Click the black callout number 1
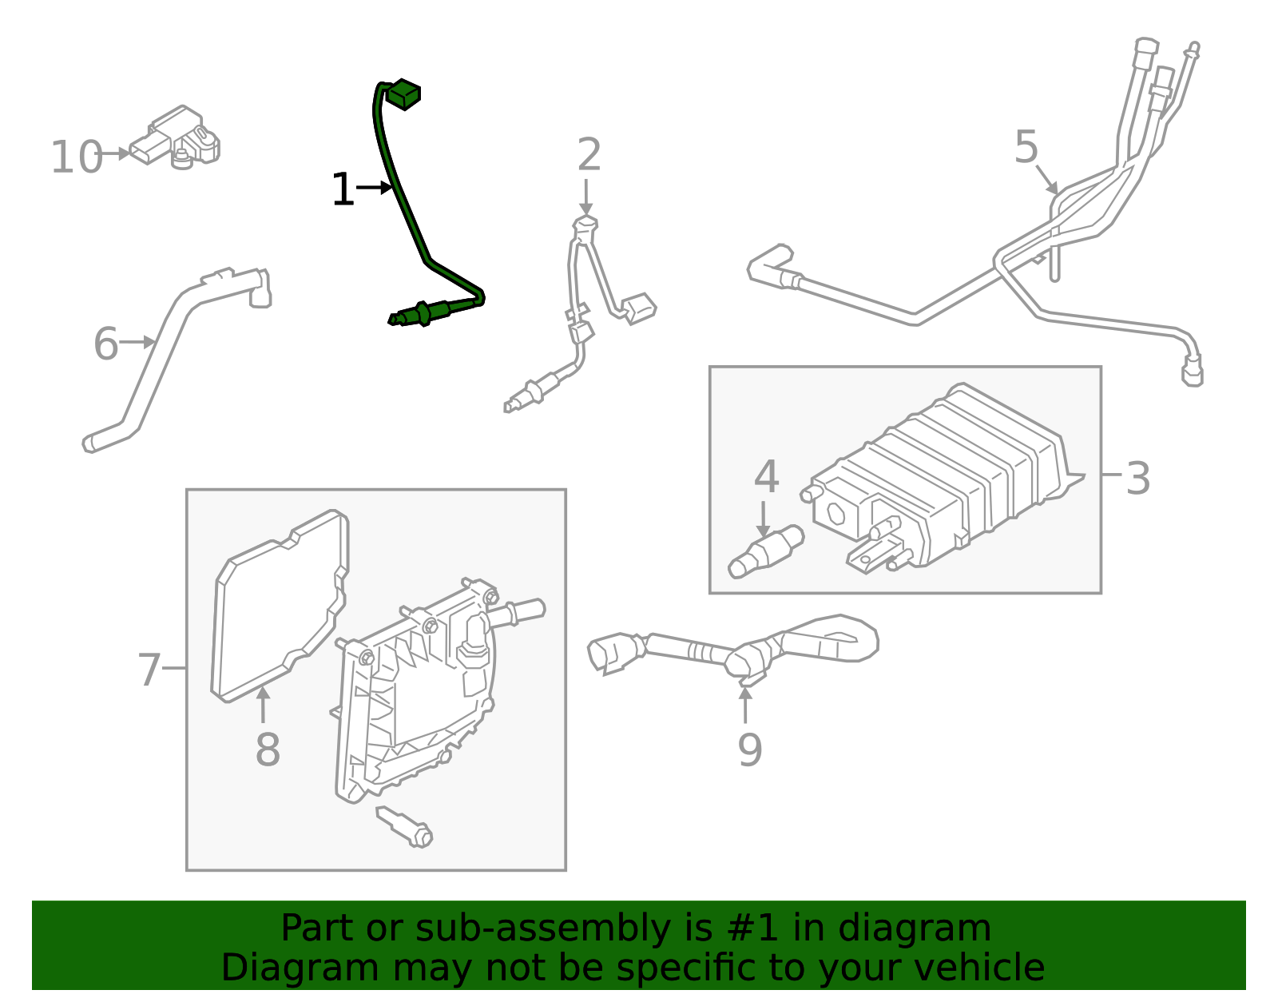tap(343, 190)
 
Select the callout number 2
tap(589, 155)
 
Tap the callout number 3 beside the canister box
tap(1137, 479)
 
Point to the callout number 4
tap(766, 477)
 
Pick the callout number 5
tap(1026, 148)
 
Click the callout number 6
tap(105, 344)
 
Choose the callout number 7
tap(149, 670)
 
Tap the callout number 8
tap(268, 750)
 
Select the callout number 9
tap(749, 749)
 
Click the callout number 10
tap(77, 157)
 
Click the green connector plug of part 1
tap(404, 94)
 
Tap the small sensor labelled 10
tap(180, 137)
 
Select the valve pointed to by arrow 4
tap(765, 551)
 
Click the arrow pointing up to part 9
tap(745, 703)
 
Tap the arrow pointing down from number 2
tap(586, 196)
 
